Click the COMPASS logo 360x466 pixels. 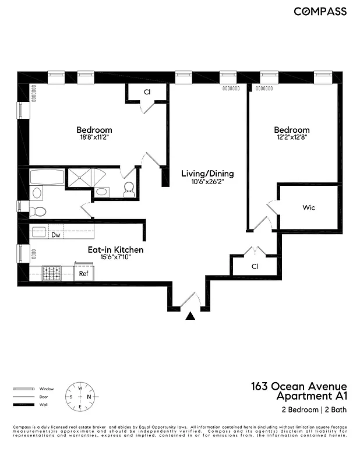[x=320, y=11]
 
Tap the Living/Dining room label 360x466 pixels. [x=207, y=174]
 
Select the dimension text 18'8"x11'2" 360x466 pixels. [x=94, y=137]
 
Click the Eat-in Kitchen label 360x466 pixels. [x=115, y=249]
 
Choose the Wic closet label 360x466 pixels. [x=308, y=207]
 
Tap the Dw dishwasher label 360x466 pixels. [x=56, y=235]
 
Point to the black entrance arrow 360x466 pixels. [x=190, y=317]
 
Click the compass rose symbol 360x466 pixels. [x=80, y=397]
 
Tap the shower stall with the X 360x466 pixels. [x=81, y=178]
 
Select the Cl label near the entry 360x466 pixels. [x=255, y=266]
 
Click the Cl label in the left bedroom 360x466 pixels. [x=147, y=92]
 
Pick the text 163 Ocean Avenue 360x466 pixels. [x=299, y=386]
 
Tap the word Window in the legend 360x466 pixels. [x=47, y=389]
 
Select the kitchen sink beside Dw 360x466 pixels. [x=39, y=232]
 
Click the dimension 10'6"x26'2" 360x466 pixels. [x=207, y=182]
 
